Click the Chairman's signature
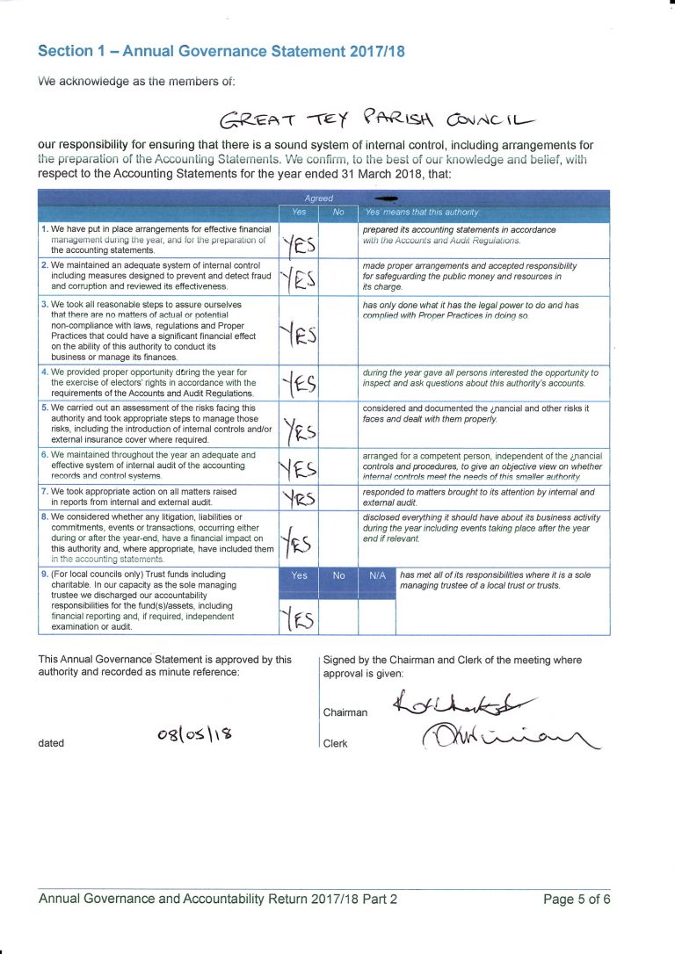(462, 704)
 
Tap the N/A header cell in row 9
(378, 575)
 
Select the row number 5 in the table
(45, 408)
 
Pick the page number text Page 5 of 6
(577, 899)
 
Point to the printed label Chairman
(345, 712)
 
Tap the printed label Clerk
(335, 743)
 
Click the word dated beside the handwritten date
(51, 743)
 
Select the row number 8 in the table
(45, 517)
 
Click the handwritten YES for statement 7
(300, 498)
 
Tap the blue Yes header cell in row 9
(300, 575)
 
